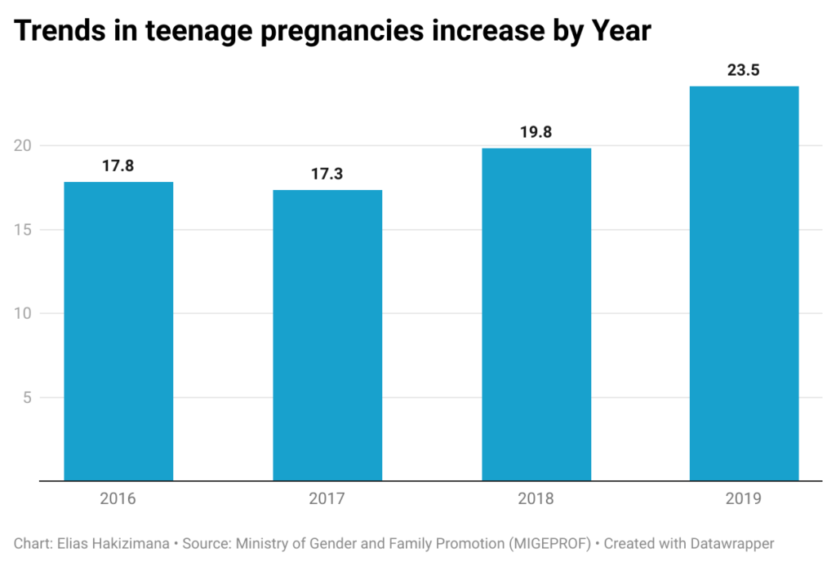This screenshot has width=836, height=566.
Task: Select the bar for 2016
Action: point(118,331)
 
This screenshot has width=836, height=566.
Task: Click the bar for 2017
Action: point(327,335)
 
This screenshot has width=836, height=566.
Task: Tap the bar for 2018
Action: point(536,315)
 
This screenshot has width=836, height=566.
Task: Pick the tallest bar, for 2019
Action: point(745,283)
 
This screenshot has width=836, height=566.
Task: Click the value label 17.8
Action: point(118,166)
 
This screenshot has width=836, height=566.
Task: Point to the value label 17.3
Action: point(327,174)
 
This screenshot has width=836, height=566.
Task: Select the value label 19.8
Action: point(536,132)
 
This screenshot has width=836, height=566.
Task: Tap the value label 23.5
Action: point(744,70)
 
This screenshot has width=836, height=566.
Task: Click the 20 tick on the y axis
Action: point(23,145)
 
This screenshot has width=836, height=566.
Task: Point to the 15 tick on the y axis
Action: point(23,229)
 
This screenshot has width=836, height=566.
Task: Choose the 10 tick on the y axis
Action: point(23,313)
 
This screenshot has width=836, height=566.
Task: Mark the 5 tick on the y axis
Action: point(27,397)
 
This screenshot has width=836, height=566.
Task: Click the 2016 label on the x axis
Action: point(118,499)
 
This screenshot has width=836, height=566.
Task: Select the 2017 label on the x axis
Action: point(327,499)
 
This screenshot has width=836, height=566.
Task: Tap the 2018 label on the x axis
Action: point(536,499)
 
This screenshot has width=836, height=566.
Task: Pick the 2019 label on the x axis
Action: point(744,499)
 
